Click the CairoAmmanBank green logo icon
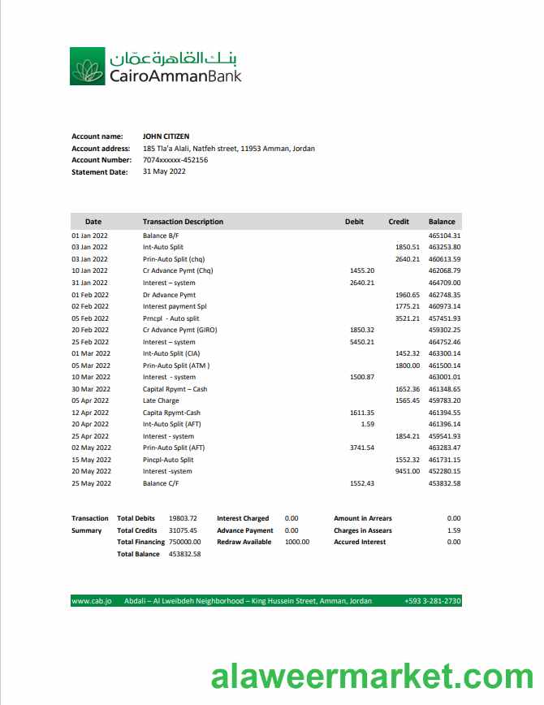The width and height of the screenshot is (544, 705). click(x=87, y=66)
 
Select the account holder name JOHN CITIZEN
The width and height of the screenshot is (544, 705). click(x=166, y=136)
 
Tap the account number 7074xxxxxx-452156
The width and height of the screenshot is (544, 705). click(x=175, y=160)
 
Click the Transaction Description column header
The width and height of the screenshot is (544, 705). click(x=183, y=222)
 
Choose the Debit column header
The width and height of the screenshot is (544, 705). click(x=354, y=222)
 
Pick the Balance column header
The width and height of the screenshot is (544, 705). click(x=442, y=222)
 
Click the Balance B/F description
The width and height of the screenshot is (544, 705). click(x=160, y=236)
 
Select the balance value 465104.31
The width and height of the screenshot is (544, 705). click(x=444, y=236)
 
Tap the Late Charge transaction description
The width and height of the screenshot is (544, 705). click(x=161, y=400)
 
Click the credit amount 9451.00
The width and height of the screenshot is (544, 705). click(x=407, y=471)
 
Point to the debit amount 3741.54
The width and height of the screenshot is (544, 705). click(x=361, y=448)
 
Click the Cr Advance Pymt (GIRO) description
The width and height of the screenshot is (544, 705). click(x=179, y=330)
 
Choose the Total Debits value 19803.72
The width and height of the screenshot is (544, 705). click(x=183, y=518)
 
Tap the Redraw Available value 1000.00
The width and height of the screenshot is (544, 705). click(x=297, y=542)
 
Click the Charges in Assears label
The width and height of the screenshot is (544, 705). click(x=362, y=530)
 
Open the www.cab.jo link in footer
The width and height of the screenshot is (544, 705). click(x=92, y=601)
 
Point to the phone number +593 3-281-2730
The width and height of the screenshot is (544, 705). click(x=432, y=601)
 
